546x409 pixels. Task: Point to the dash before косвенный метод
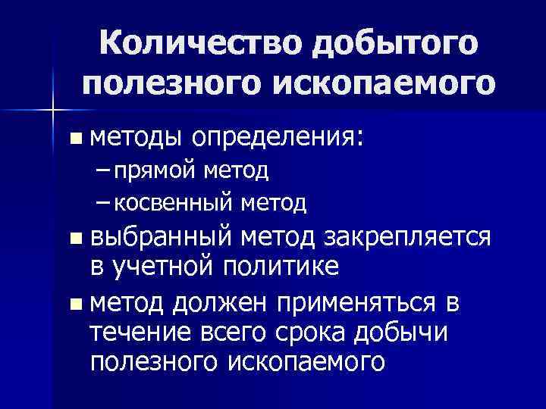point(103,202)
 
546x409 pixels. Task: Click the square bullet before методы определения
point(74,139)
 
